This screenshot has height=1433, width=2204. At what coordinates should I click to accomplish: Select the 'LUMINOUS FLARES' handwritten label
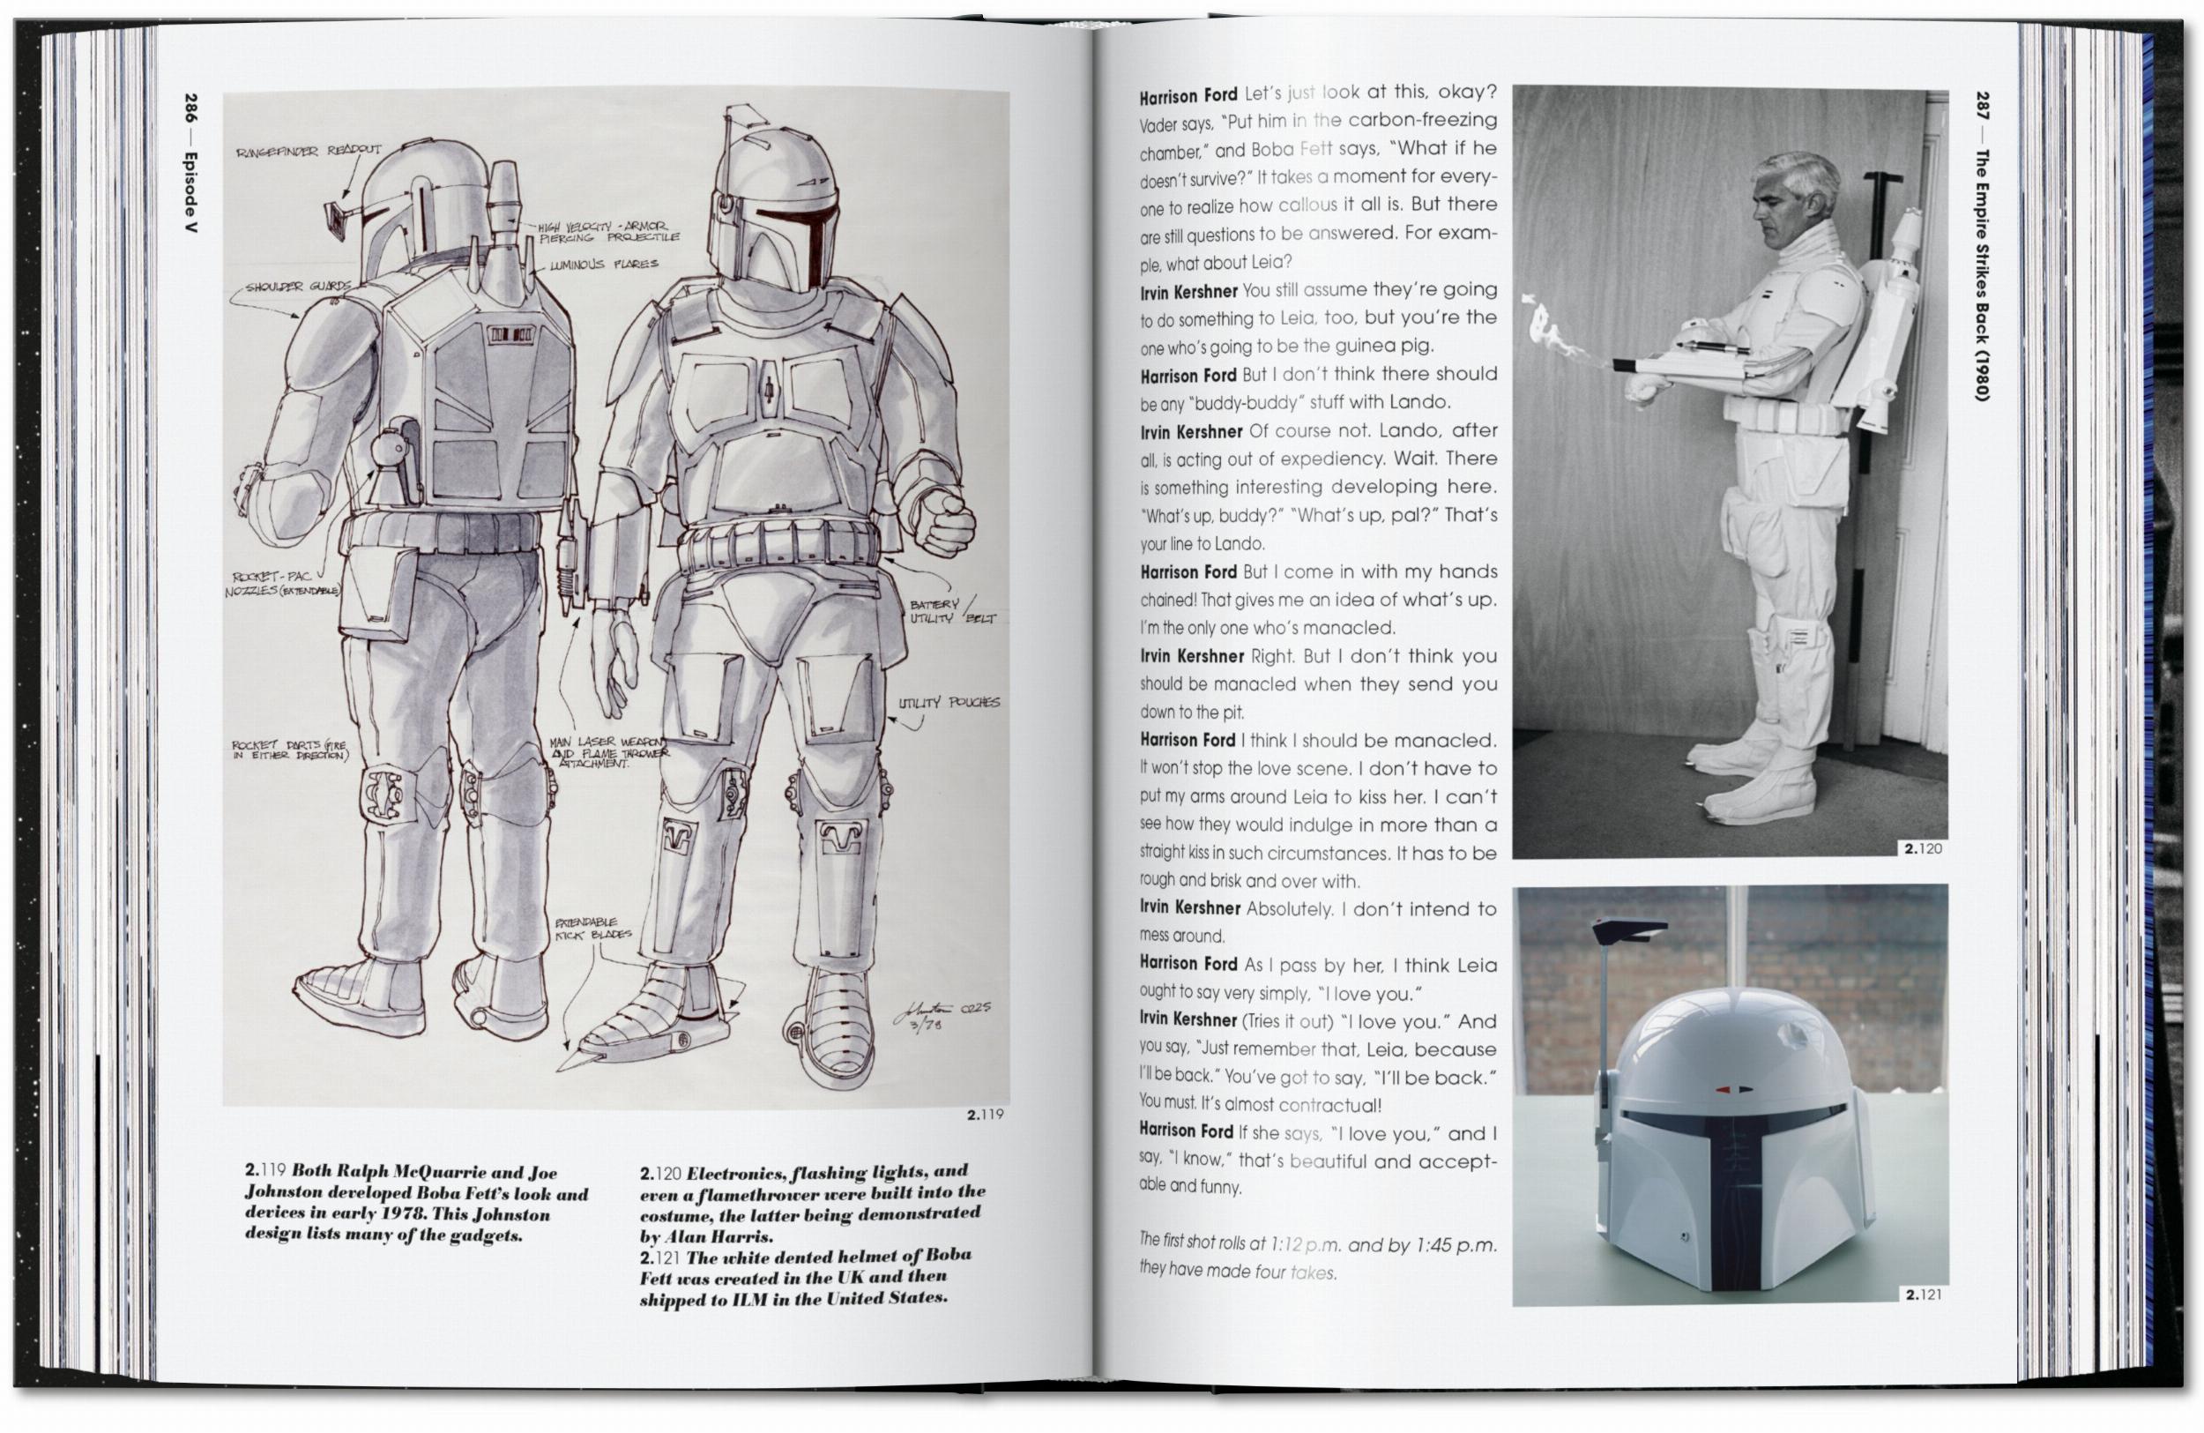604,265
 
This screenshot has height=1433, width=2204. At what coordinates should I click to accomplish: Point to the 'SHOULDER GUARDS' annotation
298,287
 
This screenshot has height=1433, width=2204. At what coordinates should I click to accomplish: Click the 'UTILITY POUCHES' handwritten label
949,702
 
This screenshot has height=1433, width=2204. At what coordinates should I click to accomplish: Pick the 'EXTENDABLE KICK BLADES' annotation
592,929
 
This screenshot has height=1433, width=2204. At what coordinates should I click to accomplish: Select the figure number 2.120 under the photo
1923,848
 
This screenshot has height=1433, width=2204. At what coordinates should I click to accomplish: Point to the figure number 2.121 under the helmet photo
1924,1295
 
